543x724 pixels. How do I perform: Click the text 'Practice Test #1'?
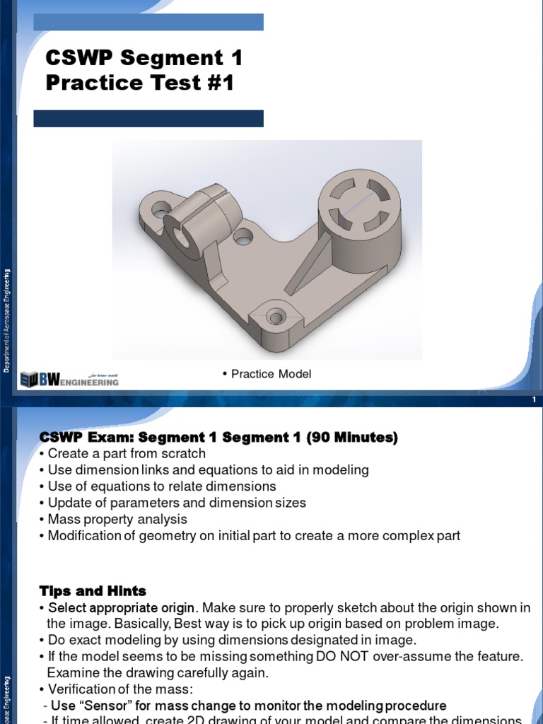[139, 83]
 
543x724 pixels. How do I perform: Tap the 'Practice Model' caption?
[271, 374]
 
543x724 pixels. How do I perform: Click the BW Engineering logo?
[69, 380]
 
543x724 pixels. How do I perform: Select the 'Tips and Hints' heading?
[93, 590]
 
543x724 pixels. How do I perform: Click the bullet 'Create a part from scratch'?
[127, 453]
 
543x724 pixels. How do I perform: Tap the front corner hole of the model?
[274, 315]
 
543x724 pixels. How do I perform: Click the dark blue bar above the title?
[148, 22]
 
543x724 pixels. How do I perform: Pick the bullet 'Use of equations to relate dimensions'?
[162, 486]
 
